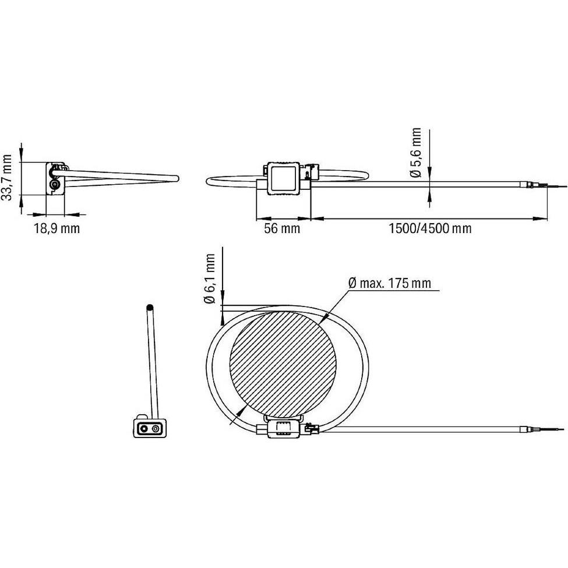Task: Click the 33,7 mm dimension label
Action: click(6, 177)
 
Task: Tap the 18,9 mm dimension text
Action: click(57, 228)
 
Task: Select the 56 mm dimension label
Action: click(282, 228)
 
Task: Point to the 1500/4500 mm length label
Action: click(430, 228)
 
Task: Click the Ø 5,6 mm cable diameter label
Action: click(416, 153)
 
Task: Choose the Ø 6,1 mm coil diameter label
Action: click(209, 278)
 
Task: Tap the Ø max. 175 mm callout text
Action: click(390, 283)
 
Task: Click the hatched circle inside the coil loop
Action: click(283, 365)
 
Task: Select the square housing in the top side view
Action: click(283, 178)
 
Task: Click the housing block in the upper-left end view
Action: click(55, 179)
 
